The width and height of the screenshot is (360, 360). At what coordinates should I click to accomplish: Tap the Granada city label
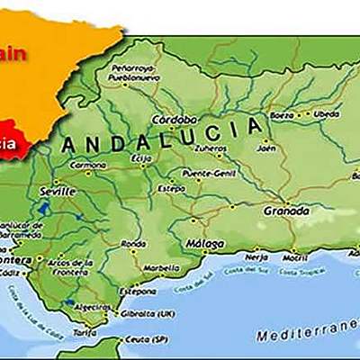point(286,211)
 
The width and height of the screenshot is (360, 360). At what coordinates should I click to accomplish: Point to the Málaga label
point(206,242)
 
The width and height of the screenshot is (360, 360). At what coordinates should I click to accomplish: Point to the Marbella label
point(161,267)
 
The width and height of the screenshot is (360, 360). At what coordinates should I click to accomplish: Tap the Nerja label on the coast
point(258,255)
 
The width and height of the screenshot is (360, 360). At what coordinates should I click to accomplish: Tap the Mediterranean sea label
point(305,335)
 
